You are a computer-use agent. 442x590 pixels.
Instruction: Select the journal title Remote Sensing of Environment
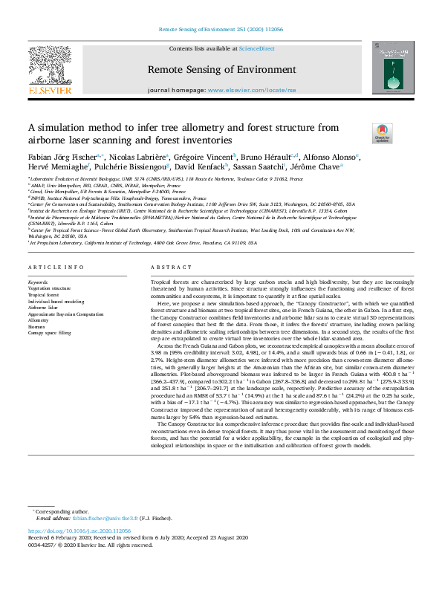tap(221, 70)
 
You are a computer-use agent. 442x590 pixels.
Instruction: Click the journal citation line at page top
tap(221, 30)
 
